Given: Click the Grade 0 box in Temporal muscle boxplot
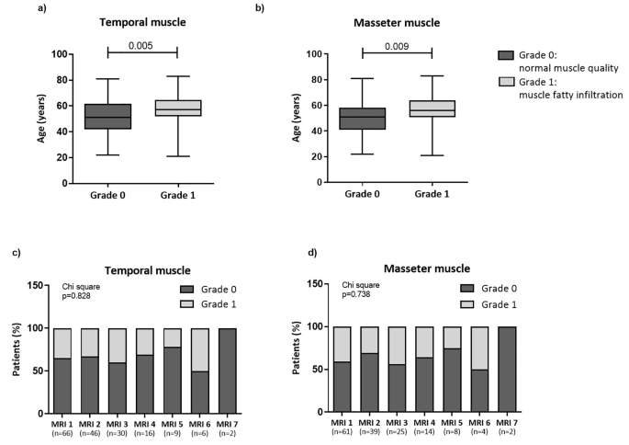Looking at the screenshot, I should pos(107,117).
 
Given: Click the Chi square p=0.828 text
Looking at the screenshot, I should pos(82,291).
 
